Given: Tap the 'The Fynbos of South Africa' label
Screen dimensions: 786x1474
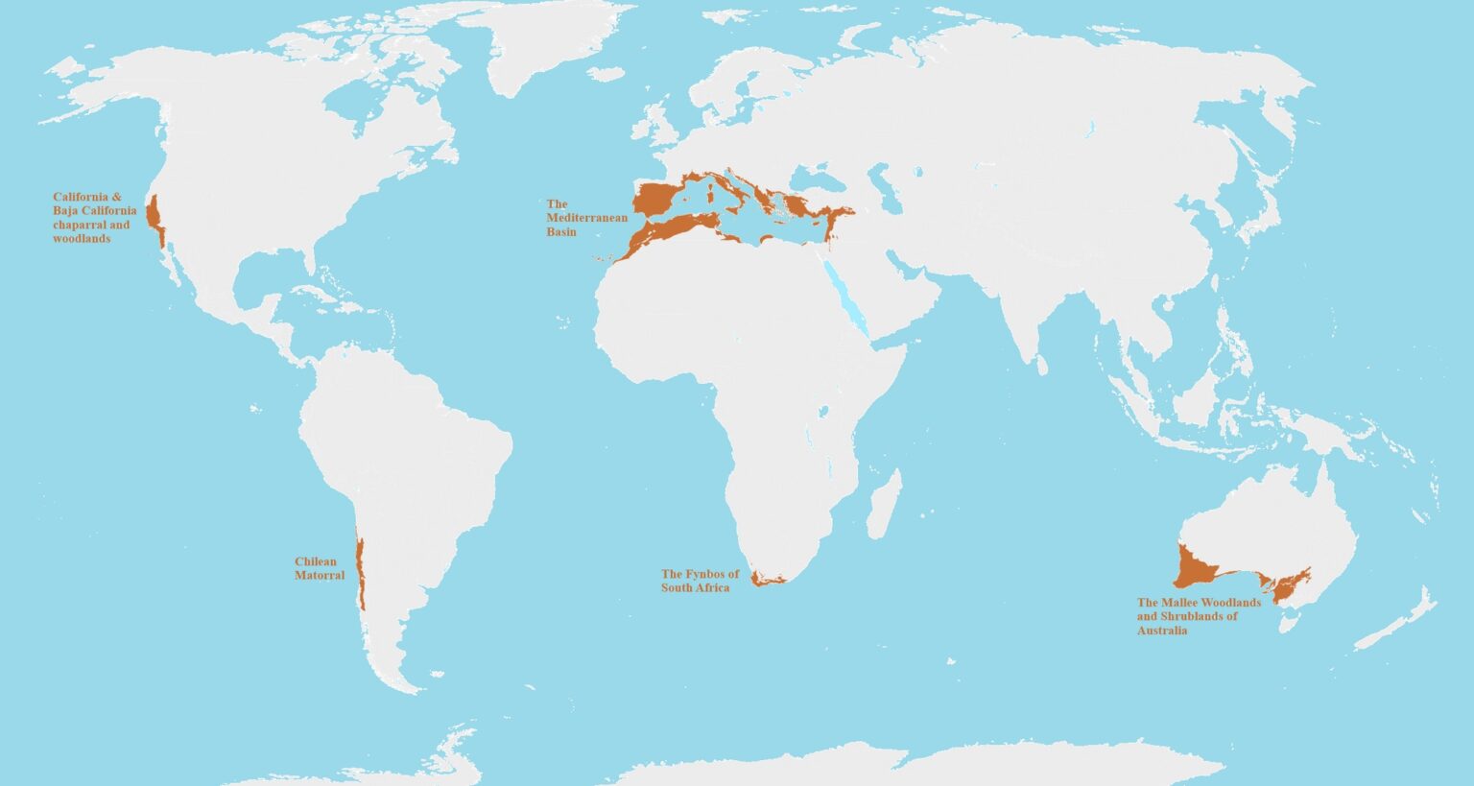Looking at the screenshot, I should coord(700,581).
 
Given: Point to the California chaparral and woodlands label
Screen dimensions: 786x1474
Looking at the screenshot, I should coord(95,218).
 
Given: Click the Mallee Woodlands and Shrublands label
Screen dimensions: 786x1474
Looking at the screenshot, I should coord(1199,616).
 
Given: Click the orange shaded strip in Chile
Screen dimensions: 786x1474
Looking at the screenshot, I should coord(360,571).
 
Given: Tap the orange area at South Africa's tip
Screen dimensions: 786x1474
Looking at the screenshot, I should coord(766,579).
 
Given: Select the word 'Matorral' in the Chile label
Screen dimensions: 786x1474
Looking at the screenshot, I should coord(320,576).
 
